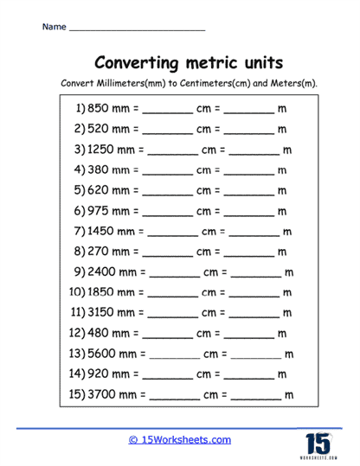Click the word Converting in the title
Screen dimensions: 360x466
(138, 63)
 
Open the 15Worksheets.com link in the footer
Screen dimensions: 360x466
(180, 439)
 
